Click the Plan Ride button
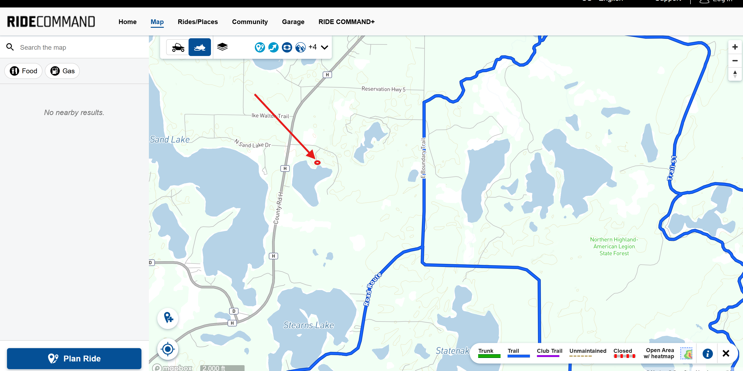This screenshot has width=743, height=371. [x=74, y=358]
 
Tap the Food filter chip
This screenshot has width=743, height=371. [x=23, y=71]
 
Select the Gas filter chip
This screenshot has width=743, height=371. [x=62, y=71]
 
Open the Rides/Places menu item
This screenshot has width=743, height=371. [x=198, y=22]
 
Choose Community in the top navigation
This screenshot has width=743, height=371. [x=250, y=22]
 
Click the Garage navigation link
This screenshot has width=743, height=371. [x=293, y=22]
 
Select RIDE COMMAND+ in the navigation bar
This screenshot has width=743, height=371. [x=346, y=22]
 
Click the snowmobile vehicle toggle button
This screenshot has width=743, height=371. [x=200, y=47]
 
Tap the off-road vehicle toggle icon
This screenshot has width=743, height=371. [x=178, y=47]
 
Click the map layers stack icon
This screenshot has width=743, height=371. [x=222, y=47]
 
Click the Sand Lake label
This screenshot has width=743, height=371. [x=170, y=140]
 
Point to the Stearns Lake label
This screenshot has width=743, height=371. [x=308, y=325]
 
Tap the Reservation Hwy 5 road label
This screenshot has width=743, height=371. [x=383, y=89]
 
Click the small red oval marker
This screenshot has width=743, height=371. [x=317, y=163]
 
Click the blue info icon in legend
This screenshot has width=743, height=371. [x=707, y=353]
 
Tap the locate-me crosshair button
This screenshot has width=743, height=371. [x=168, y=349]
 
